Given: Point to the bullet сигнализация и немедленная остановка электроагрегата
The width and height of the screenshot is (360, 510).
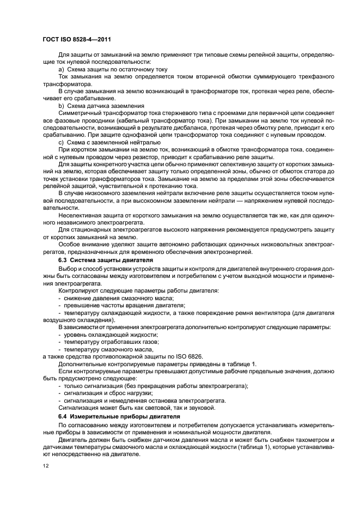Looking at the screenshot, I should [x=144, y=400].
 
